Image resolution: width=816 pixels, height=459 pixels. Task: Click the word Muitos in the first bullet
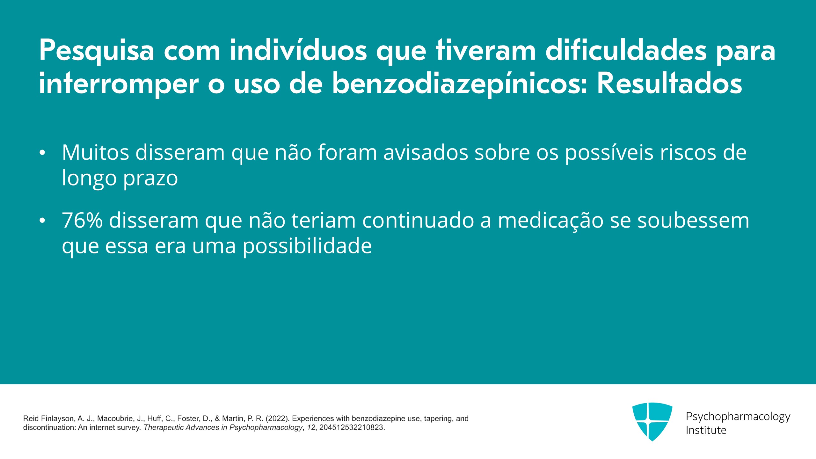click(96, 152)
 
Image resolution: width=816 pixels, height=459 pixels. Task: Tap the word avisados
click(426, 152)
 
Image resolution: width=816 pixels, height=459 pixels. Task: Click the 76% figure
click(82, 220)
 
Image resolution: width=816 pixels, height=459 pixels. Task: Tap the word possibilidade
click(307, 246)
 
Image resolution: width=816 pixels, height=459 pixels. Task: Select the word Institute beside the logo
click(706, 430)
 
